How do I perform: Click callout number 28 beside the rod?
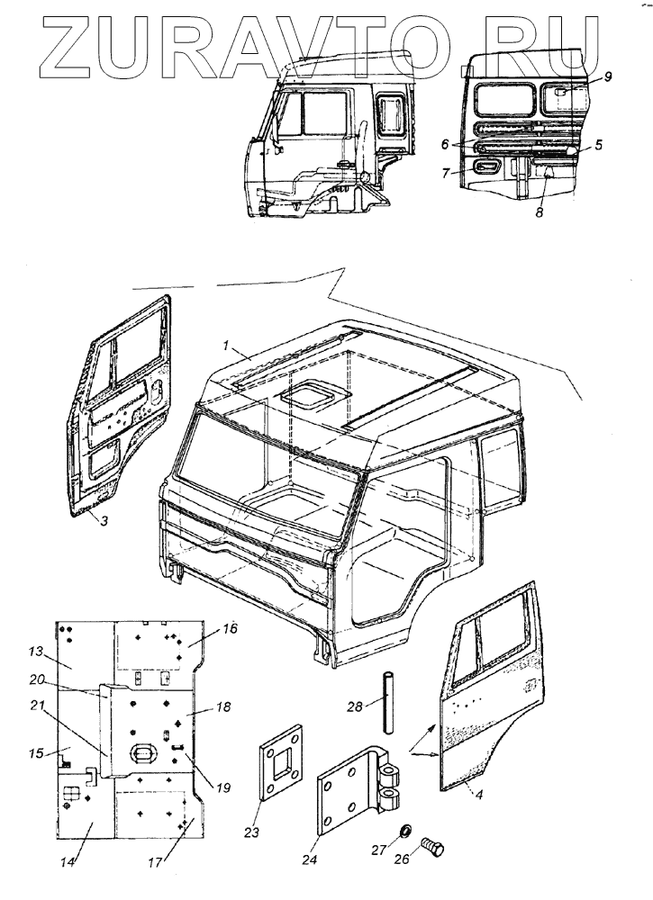click(x=356, y=706)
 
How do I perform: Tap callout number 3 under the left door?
click(x=104, y=521)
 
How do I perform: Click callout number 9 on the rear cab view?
click(x=608, y=76)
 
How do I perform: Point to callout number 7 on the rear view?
click(x=446, y=173)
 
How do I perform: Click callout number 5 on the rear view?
click(x=598, y=142)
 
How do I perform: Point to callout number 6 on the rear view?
click(x=445, y=143)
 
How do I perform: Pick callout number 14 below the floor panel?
click(x=67, y=862)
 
